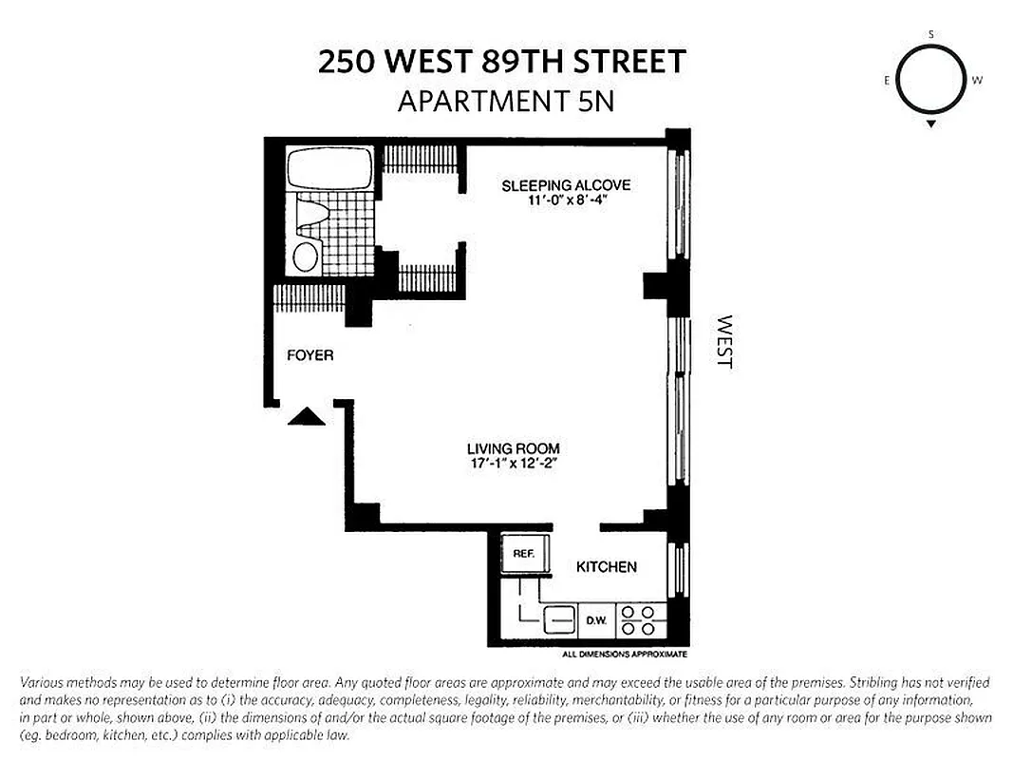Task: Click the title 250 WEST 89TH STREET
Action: coord(501,63)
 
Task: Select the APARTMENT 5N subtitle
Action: coord(505,101)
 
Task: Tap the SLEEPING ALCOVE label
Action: coord(566,185)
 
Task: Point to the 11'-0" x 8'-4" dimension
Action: coord(566,201)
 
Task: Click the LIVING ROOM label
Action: coord(513,448)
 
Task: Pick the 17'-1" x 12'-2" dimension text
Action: coord(513,465)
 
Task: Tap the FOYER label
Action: coord(310,355)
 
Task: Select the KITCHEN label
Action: coord(607,567)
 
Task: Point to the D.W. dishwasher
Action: coord(596,621)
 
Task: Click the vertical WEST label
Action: coord(725,342)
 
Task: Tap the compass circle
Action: coord(930,80)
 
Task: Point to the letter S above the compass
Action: coord(931,34)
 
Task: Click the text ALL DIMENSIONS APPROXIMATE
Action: coord(624,655)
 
